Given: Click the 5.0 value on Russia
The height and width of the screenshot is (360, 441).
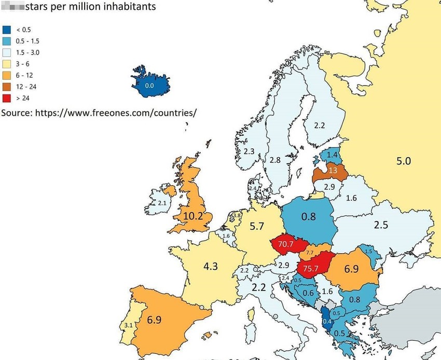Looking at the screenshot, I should pos(403,161).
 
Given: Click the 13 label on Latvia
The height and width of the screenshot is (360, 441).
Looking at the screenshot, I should pos(332,171).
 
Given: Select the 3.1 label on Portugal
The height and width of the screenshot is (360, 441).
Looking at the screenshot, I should pos(129,325).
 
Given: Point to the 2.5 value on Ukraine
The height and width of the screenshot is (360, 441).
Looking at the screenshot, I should pos(381,225).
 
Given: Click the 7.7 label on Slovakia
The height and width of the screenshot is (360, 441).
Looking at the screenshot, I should pos(310,252).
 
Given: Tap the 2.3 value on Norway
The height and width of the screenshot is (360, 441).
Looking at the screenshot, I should pos(249,151).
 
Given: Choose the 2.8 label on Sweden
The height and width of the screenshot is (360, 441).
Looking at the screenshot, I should pos(275,160).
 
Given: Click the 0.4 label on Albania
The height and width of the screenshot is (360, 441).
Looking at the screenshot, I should pos(327,322).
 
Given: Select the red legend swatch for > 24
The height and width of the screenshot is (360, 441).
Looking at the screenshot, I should pos(6,98).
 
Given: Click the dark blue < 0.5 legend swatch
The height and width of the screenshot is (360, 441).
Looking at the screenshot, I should pos(6,30).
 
